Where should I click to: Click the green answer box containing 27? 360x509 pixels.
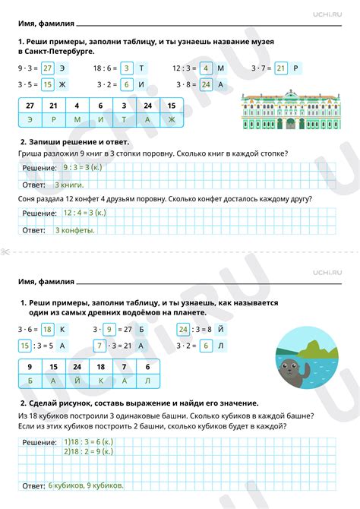48,68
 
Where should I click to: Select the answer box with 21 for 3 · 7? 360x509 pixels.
280,68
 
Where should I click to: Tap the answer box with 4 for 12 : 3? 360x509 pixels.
206,68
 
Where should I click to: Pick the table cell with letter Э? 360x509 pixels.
30,120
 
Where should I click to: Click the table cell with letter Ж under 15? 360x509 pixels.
172,120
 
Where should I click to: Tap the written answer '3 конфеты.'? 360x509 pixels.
74,229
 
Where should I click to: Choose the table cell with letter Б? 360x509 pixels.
30,380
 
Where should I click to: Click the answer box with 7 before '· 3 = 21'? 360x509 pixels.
99,345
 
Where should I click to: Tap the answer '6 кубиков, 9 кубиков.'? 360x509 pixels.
85,485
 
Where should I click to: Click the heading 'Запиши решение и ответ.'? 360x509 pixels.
79,142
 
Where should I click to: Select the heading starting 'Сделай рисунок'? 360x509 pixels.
144,403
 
